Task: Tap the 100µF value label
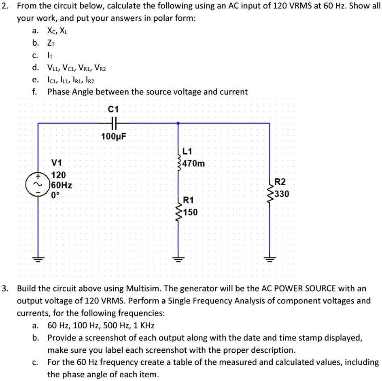114,135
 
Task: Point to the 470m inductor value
194,164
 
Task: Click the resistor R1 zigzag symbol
178,208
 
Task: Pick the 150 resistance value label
190,212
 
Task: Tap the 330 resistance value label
282,194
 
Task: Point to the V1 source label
57,163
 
